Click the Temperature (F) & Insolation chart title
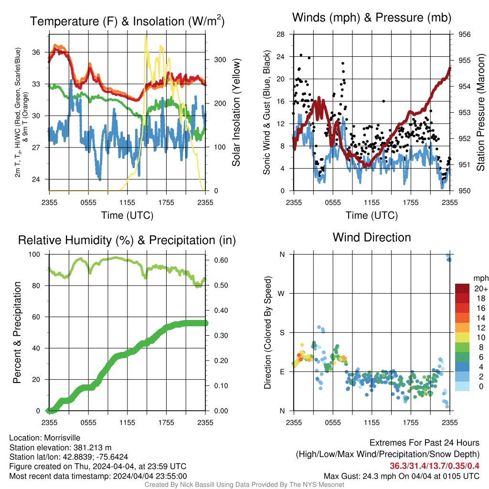[127, 21]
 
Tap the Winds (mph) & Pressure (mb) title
[372, 18]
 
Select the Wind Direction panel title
[372, 237]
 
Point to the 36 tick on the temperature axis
[36, 53]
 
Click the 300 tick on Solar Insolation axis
[220, 60]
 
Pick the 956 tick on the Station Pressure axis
[464, 34]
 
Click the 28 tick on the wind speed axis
[280, 34]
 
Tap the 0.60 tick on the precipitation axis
[221, 260]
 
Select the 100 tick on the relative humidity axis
[34, 254]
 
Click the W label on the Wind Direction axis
[281, 294]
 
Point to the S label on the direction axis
[282, 333]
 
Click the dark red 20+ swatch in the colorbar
[462, 288]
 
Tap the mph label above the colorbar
[481, 278]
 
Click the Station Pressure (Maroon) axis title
[480, 112]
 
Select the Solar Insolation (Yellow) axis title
[236, 112]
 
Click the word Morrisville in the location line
[62, 438]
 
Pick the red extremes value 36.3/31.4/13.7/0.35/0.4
[435, 466]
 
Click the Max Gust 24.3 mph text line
[402, 476]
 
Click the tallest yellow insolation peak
[146, 36]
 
